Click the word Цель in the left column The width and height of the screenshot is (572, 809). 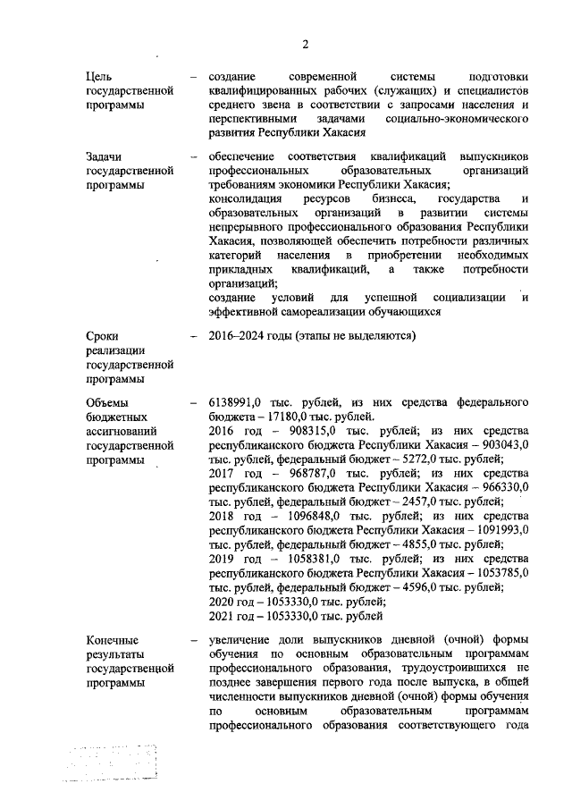pyautogui.click(x=98, y=77)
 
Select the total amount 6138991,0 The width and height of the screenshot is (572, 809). pyautogui.click(x=237, y=402)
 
